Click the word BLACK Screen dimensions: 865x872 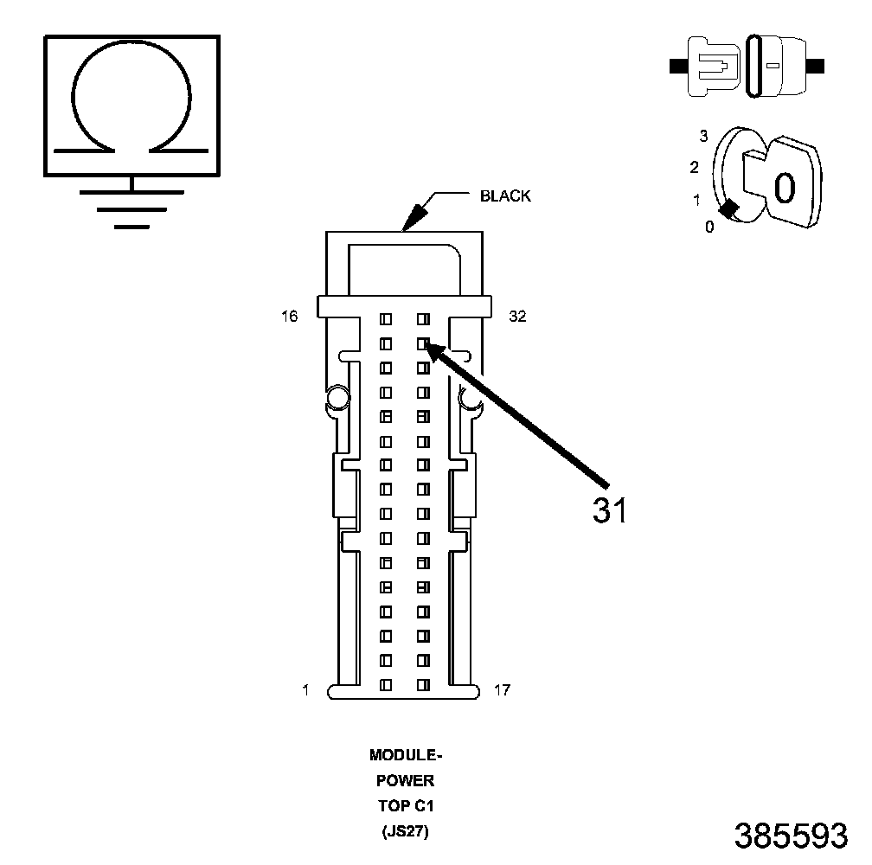[505, 196]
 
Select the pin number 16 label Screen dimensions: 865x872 [289, 317]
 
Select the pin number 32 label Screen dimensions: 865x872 [517, 317]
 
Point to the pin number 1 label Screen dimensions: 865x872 [305, 689]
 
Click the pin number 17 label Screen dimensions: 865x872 [502, 689]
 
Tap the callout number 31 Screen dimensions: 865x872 [609, 510]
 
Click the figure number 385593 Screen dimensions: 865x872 [790, 836]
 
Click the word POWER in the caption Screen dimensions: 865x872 [406, 781]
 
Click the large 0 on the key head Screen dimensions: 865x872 [784, 187]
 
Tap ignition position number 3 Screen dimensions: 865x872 [703, 136]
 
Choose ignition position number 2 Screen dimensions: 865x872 [694, 167]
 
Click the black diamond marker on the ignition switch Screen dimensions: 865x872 [730, 208]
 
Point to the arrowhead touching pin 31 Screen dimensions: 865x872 [433, 349]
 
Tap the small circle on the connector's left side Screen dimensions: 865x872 [337, 398]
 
